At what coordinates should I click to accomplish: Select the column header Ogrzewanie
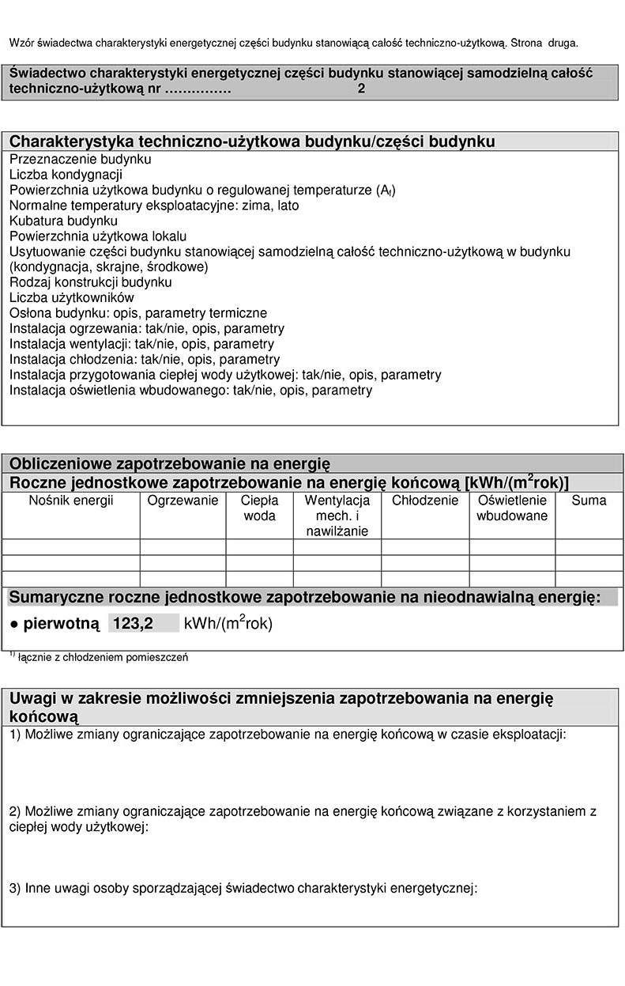point(183,501)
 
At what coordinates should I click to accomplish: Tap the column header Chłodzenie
point(425,501)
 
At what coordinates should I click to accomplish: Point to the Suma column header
point(589,501)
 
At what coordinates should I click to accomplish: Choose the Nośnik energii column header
point(71,501)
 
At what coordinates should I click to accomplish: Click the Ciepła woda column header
point(259,508)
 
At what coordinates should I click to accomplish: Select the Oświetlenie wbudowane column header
point(512,508)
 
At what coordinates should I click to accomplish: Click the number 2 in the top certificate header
point(361,89)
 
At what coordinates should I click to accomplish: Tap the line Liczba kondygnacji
point(66,174)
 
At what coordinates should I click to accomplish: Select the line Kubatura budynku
point(63,221)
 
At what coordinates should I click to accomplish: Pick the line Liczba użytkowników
point(71,297)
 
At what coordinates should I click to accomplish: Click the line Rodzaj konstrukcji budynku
point(90,281)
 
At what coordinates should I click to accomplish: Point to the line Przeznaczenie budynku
point(80,159)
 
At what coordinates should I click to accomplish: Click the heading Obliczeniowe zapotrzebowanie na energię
point(169,463)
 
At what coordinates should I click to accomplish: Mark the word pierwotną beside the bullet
point(61,623)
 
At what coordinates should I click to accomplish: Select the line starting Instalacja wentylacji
point(141,344)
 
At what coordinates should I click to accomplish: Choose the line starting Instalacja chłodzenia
point(144,359)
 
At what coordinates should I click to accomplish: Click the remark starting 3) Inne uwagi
point(243,888)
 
